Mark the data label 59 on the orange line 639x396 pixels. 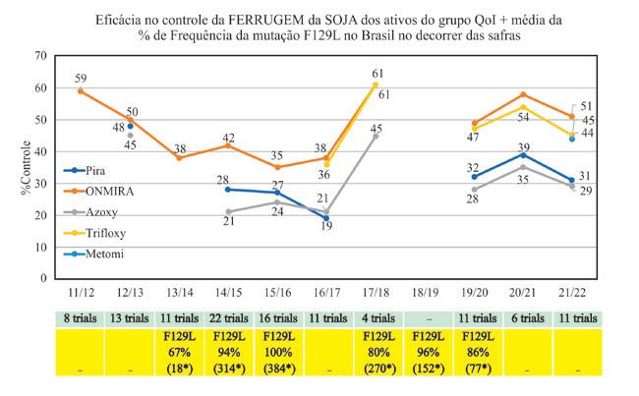[x=81, y=78]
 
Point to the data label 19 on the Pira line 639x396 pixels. [x=326, y=225]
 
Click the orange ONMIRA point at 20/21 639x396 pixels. [x=524, y=94]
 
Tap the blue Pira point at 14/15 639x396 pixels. [x=228, y=189]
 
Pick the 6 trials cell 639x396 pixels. [x=524, y=318]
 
